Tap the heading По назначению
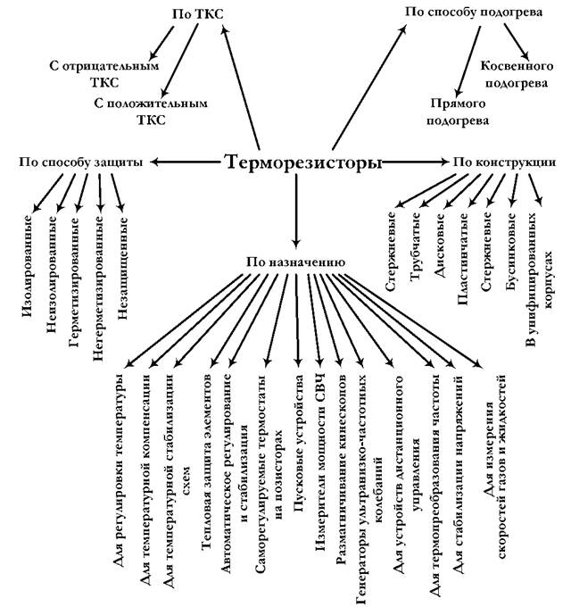pos(294,262)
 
